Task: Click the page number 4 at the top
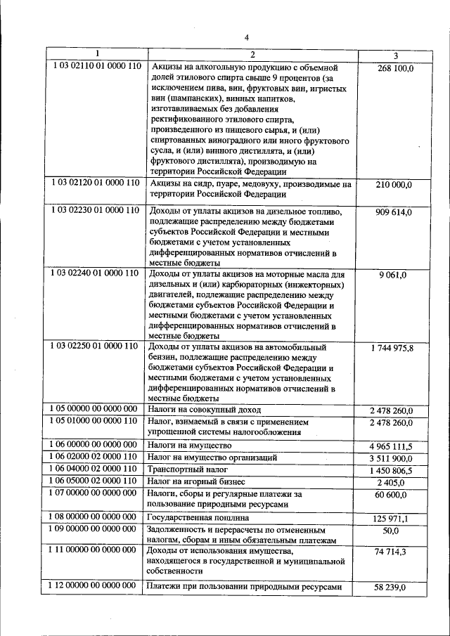(x=246, y=38)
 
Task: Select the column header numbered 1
(x=97, y=54)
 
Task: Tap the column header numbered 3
(x=394, y=56)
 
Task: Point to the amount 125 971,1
(x=394, y=519)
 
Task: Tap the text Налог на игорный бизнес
(x=196, y=481)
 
